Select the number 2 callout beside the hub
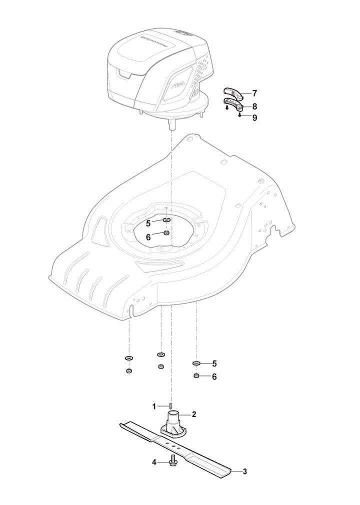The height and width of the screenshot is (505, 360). [193, 414]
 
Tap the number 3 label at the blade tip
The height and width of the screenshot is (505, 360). [244, 471]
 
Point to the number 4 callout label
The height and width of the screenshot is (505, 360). [154, 462]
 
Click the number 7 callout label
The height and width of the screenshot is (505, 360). [254, 93]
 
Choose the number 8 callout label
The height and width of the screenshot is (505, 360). [254, 106]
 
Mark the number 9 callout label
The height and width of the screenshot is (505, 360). [254, 118]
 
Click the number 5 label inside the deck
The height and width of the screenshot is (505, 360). [148, 222]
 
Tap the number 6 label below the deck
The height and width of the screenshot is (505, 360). [214, 376]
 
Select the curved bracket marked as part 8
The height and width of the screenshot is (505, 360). [233, 104]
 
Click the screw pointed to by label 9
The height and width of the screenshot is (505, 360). [240, 115]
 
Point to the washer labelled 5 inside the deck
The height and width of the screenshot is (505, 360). [166, 220]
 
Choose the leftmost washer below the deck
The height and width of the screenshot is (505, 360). [128, 358]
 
